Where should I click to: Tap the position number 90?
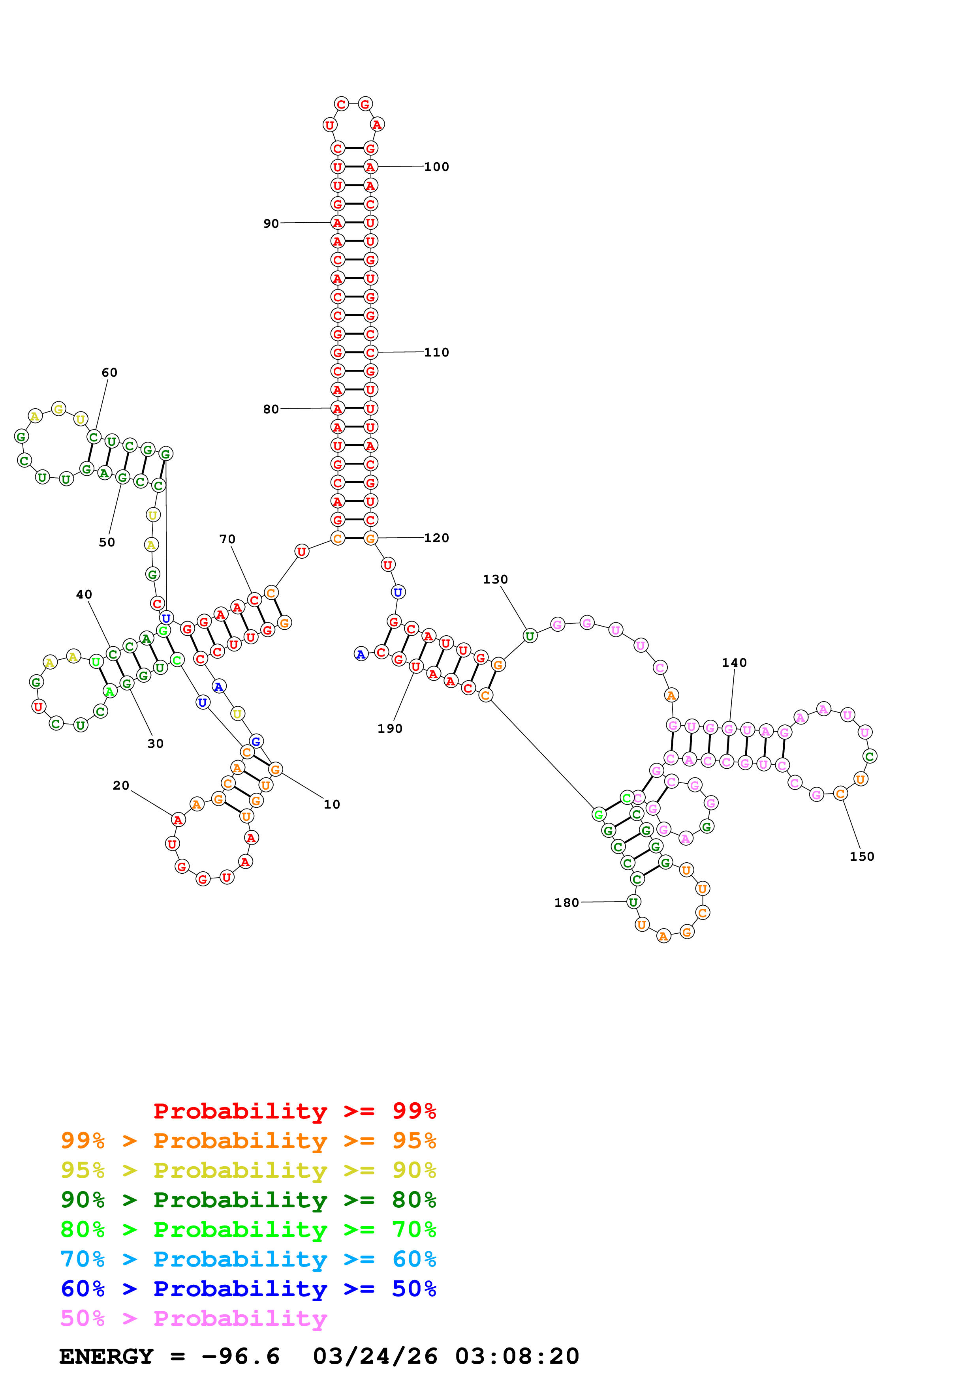(x=271, y=224)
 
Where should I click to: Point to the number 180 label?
(x=566, y=903)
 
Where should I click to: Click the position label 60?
(x=109, y=373)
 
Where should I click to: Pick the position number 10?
(x=332, y=805)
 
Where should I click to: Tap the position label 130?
(x=495, y=580)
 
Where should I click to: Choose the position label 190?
(x=390, y=729)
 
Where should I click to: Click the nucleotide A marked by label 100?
(x=370, y=167)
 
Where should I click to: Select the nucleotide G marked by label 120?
(x=370, y=538)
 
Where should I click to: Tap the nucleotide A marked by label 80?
(x=338, y=408)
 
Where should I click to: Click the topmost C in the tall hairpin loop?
(x=342, y=104)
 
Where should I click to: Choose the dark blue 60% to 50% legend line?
(x=248, y=1289)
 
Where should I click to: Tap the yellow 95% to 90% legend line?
(x=248, y=1170)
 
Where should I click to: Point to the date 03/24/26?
(x=375, y=1357)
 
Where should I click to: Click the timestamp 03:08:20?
(x=517, y=1357)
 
